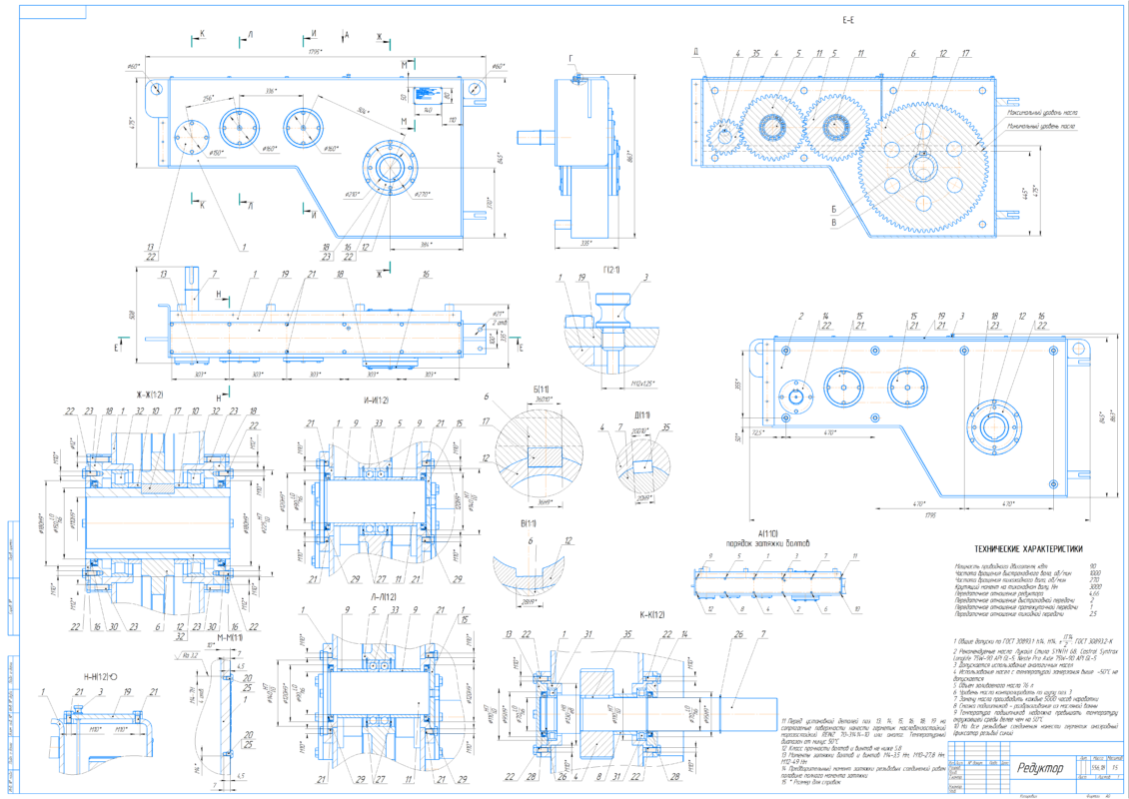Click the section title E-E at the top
click(x=848, y=19)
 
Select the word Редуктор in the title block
click(x=1041, y=767)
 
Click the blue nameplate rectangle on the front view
click(x=427, y=88)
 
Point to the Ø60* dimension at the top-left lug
click(x=134, y=66)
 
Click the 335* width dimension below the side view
click(x=585, y=242)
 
